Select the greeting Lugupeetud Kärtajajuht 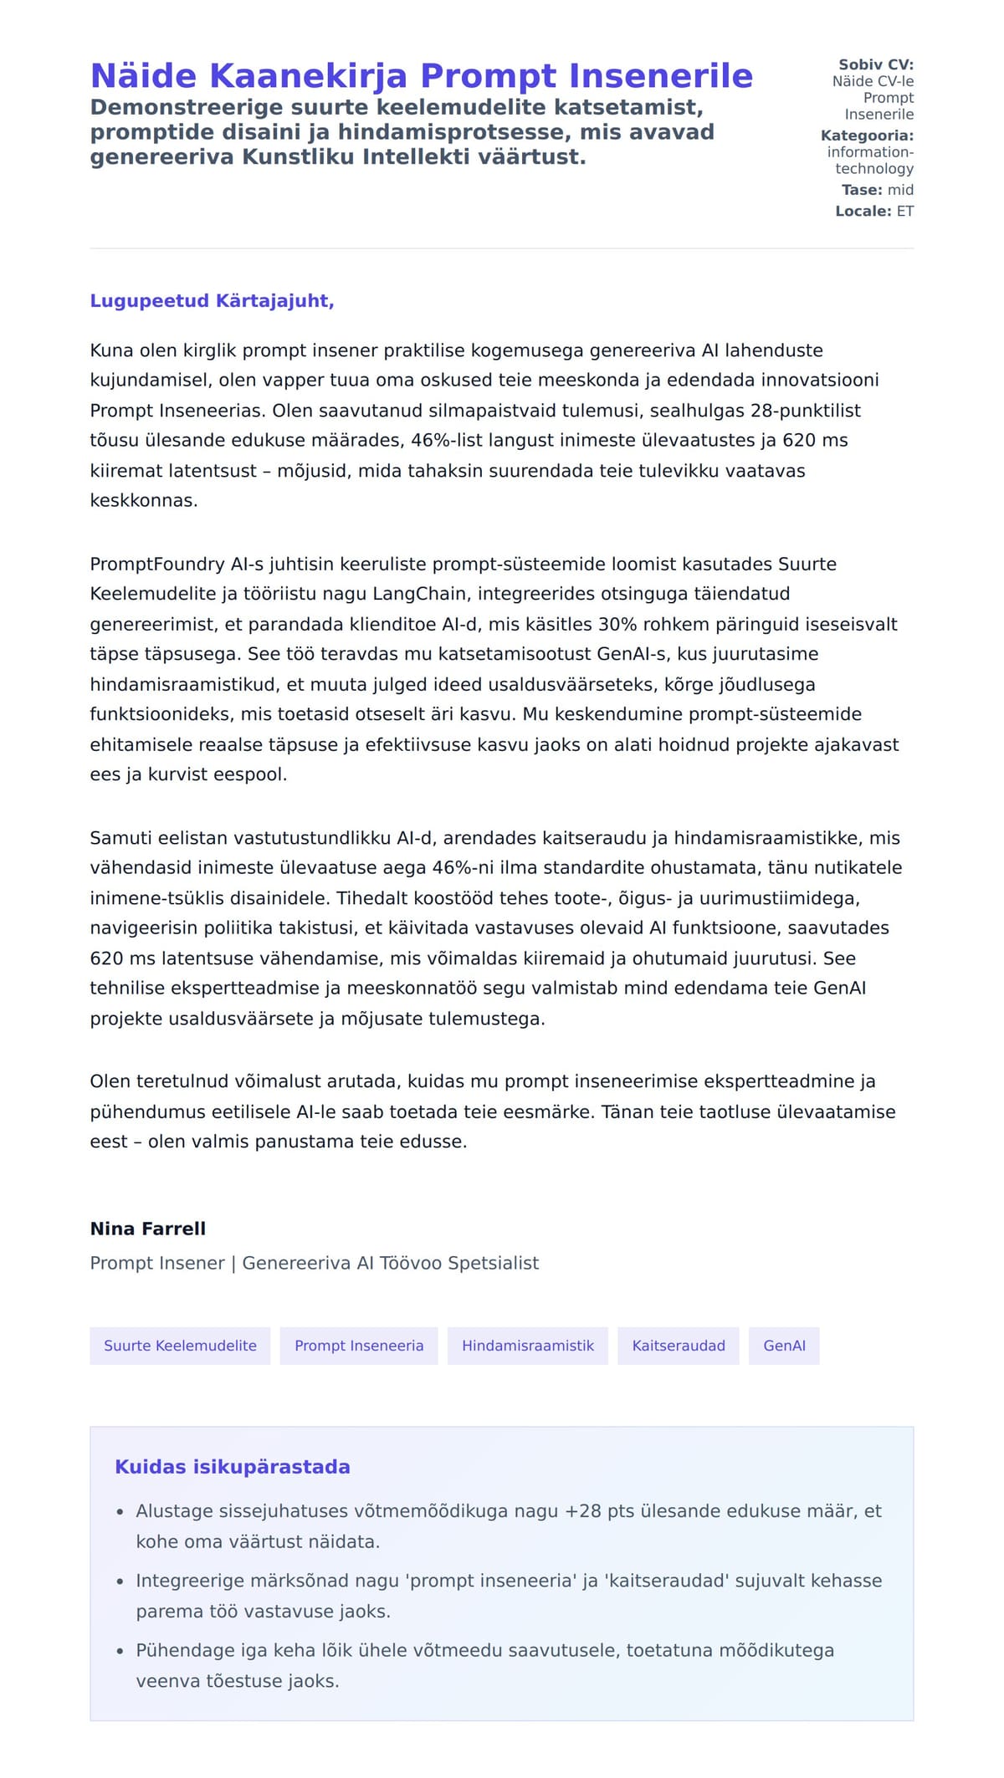pyautogui.click(x=212, y=301)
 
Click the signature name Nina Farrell pyautogui.click(x=147, y=1229)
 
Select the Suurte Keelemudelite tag pyautogui.click(x=180, y=1346)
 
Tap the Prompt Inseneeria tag pyautogui.click(x=359, y=1346)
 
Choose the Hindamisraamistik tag pyautogui.click(x=528, y=1346)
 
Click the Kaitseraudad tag pyautogui.click(x=679, y=1346)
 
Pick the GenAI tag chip pyautogui.click(x=784, y=1346)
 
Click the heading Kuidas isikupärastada pyautogui.click(x=233, y=1467)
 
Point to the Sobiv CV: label pyautogui.click(x=876, y=64)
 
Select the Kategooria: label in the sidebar pyautogui.click(x=867, y=135)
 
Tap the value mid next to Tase pyautogui.click(x=900, y=190)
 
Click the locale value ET pyautogui.click(x=905, y=212)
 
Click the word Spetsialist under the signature pyautogui.click(x=493, y=1263)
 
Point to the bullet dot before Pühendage pyautogui.click(x=120, y=1652)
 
